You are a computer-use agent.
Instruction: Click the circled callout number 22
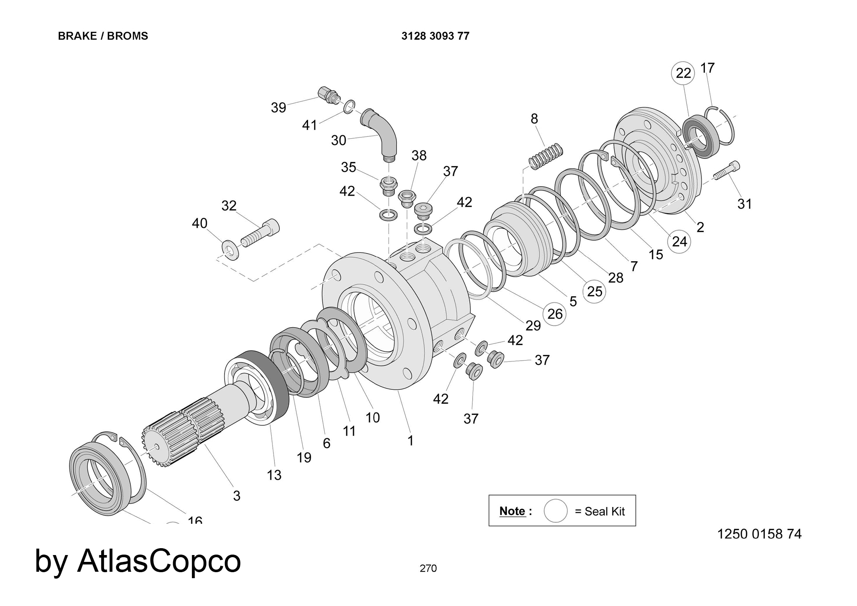coord(683,73)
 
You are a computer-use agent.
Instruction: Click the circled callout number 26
coord(554,314)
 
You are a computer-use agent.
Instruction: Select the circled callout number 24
coord(679,242)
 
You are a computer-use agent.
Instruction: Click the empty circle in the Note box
coord(555,510)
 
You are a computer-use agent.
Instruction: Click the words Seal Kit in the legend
coord(605,511)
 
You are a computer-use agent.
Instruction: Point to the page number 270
coord(428,568)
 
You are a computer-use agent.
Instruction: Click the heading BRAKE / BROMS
coord(103,36)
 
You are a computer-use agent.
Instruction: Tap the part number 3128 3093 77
coord(435,36)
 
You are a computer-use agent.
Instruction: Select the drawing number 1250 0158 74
coord(759,534)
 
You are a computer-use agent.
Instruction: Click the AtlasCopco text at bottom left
coord(159,561)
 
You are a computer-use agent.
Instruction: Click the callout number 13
coord(274,475)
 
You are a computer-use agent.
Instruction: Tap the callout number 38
coord(419,155)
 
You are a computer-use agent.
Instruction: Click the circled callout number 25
coord(594,291)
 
